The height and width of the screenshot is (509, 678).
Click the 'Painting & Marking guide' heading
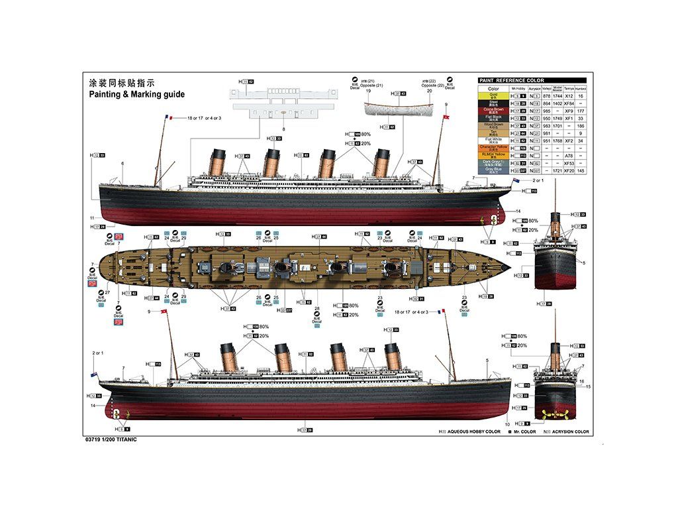click(x=137, y=95)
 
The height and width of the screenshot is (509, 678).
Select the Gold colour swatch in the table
click(x=493, y=96)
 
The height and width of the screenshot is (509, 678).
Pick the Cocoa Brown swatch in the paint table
click(x=493, y=111)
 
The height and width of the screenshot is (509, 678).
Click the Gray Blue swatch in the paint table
click(x=493, y=170)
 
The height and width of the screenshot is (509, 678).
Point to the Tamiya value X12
click(x=569, y=96)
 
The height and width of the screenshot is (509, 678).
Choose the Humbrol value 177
click(x=581, y=111)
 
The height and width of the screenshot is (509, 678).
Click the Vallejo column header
click(x=546, y=88)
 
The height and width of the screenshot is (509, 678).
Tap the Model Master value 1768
click(x=557, y=141)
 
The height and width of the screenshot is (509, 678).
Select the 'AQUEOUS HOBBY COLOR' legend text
click(x=473, y=431)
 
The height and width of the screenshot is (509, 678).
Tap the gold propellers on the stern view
click(x=555, y=415)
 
